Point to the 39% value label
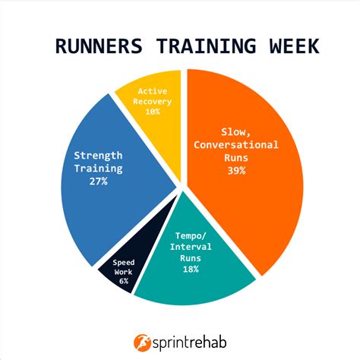[x=235, y=171]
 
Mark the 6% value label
[x=123, y=280]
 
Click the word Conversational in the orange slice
[x=235, y=145]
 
